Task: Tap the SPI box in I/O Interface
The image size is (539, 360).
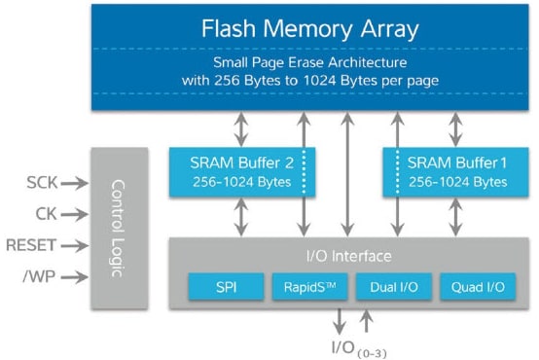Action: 226,287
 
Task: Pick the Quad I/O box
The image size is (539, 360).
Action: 476,287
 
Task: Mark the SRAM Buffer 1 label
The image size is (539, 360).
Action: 455,162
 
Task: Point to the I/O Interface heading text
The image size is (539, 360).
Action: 348,256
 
